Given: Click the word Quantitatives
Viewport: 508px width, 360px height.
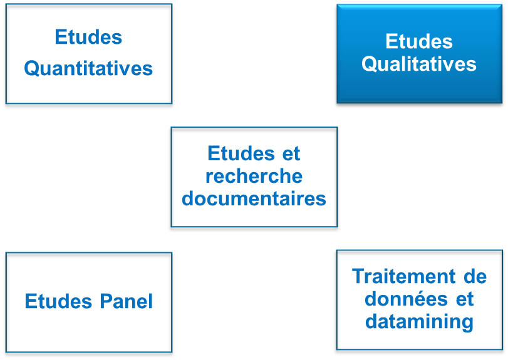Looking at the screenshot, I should [88, 68].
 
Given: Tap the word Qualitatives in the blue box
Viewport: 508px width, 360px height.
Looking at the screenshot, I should [419, 64].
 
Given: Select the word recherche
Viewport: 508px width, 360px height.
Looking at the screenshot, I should [254, 177].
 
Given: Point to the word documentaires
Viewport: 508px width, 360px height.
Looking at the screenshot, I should [254, 199].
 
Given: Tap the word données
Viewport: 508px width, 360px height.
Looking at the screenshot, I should [402, 299].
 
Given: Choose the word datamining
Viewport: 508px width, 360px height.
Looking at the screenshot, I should [419, 322].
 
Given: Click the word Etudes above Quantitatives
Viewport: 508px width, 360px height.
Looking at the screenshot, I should [88, 37].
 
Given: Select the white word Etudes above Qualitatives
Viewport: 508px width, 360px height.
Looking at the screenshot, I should [419, 42].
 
